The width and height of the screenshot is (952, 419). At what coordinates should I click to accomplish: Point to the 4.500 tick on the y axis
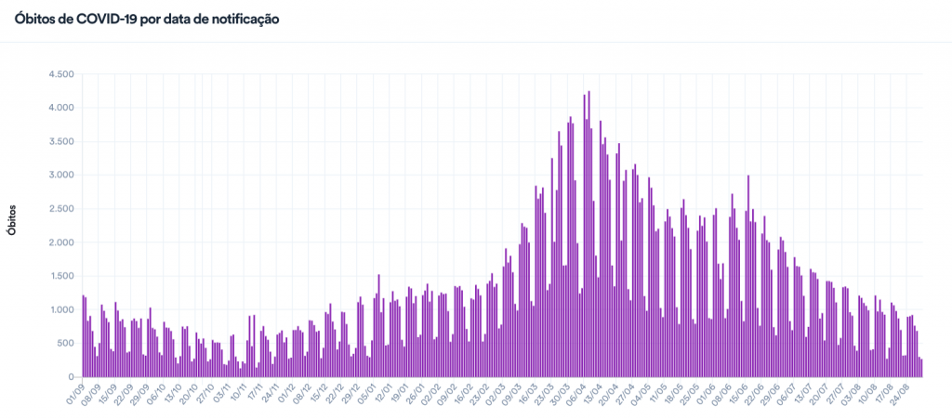61,74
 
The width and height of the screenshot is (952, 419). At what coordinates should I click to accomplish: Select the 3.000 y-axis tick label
61,175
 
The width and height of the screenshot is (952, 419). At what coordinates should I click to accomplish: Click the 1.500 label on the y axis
61,276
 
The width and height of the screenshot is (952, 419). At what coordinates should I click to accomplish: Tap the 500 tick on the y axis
65,343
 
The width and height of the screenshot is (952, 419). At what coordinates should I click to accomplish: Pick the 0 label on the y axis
72,376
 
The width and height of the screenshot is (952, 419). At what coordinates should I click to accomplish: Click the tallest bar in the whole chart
589,232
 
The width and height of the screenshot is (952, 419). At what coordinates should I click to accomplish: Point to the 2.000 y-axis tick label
61,242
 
